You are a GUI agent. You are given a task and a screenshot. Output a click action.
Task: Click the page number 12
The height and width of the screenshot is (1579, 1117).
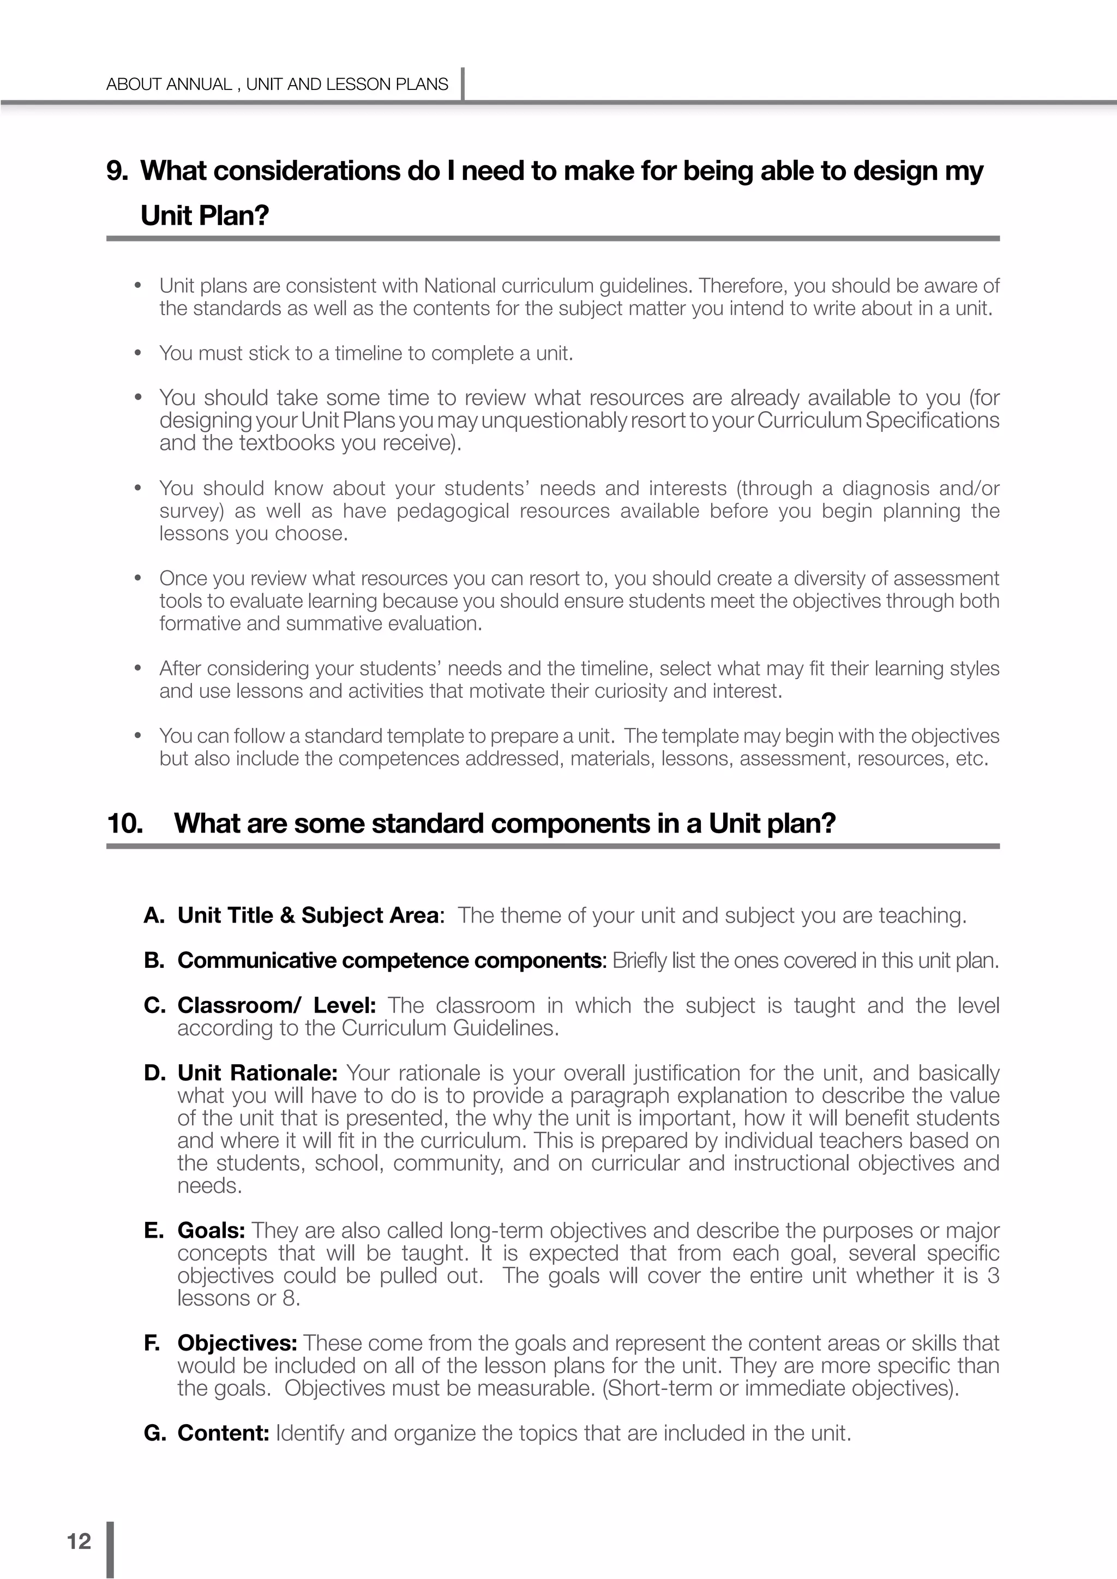(x=79, y=1541)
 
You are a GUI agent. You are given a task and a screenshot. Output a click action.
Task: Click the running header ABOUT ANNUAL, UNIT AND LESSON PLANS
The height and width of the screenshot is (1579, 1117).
(x=277, y=84)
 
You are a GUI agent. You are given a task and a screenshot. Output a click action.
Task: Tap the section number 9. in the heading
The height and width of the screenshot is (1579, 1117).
(x=117, y=171)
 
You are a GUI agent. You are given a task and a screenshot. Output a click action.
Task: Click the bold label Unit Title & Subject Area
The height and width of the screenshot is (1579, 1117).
(x=308, y=915)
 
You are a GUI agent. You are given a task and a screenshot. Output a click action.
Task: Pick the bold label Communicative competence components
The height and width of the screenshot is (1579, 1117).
(x=390, y=961)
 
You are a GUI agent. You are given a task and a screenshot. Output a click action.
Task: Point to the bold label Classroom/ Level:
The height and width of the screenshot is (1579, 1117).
(x=276, y=1005)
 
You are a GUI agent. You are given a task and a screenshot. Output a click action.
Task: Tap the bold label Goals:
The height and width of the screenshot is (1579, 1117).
(x=211, y=1231)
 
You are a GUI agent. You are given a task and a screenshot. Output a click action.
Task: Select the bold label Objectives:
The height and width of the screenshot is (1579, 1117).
(x=237, y=1343)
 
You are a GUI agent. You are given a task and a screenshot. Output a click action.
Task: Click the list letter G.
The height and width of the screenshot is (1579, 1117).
(x=154, y=1433)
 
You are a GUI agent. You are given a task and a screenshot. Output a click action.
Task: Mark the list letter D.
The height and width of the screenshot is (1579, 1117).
(x=154, y=1073)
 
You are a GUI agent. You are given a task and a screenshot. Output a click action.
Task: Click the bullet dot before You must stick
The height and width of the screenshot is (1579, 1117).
(x=138, y=353)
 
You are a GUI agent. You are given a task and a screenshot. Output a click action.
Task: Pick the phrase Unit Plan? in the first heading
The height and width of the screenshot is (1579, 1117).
(x=205, y=216)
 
